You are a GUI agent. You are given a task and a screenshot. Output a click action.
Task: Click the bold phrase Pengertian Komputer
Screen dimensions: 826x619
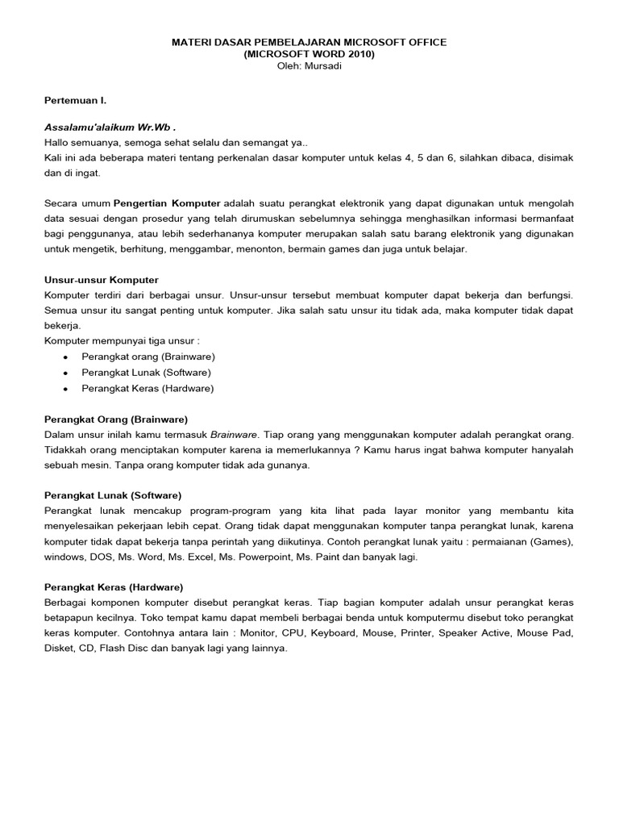click(167, 202)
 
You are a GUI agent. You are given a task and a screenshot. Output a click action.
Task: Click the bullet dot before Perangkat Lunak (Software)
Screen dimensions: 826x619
click(64, 373)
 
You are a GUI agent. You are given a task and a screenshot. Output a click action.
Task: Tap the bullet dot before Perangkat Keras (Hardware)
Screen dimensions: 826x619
click(64, 389)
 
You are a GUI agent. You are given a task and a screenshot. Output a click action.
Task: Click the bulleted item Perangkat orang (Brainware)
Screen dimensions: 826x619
click(148, 356)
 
